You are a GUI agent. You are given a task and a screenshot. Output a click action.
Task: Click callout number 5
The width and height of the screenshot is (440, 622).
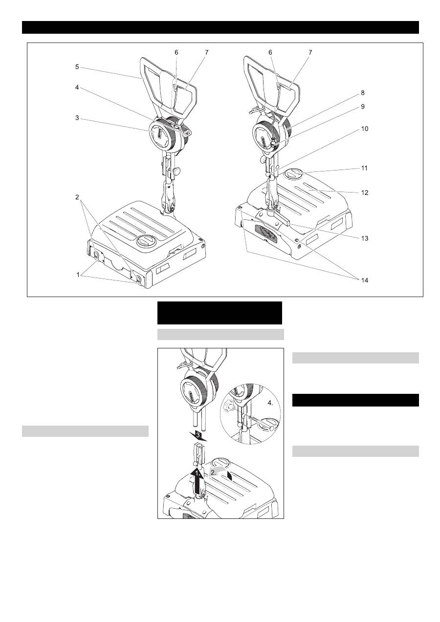[77, 67]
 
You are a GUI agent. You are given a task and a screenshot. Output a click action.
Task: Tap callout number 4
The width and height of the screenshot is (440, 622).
[77, 87]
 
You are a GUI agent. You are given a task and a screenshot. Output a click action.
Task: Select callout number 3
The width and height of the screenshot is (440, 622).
[77, 118]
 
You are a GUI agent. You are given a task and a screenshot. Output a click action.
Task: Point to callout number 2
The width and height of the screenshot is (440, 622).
[77, 197]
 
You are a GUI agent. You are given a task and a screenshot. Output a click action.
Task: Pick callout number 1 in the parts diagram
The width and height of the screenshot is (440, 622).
[78, 275]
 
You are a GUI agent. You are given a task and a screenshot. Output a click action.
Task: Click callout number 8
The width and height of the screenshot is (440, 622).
[363, 93]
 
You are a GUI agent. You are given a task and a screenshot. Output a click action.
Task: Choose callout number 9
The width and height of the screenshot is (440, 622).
[363, 107]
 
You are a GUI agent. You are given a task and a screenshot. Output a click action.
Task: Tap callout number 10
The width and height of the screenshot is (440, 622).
[364, 129]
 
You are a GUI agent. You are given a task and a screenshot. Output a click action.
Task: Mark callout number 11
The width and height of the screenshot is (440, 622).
[364, 168]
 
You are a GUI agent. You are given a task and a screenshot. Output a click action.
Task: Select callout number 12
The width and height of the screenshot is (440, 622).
[364, 193]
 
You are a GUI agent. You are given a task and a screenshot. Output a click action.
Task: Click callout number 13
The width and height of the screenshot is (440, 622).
[364, 238]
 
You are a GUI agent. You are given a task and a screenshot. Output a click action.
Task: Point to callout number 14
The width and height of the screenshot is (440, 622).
[364, 280]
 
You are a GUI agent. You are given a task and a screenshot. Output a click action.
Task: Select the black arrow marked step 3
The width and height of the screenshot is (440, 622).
[198, 435]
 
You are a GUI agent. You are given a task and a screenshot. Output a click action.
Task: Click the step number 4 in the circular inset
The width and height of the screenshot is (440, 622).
[270, 404]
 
